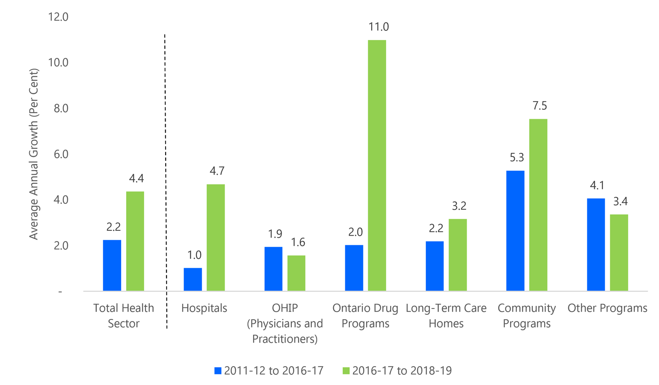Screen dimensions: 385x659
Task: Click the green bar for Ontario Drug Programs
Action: (x=377, y=165)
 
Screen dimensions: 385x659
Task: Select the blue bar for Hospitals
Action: (x=193, y=280)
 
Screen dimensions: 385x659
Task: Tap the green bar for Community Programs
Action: (x=538, y=205)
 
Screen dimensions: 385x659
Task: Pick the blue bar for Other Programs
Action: (x=596, y=244)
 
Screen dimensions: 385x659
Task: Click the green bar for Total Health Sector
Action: (x=135, y=241)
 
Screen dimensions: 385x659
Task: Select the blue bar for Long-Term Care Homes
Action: (x=435, y=266)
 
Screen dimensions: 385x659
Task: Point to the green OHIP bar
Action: (x=296, y=273)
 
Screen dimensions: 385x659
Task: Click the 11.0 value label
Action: (x=378, y=27)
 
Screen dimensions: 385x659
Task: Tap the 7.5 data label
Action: (x=540, y=106)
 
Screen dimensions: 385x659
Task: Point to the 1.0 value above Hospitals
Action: (x=194, y=255)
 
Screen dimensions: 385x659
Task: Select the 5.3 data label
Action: (x=517, y=158)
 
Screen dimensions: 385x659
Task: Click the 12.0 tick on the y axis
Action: (x=58, y=17)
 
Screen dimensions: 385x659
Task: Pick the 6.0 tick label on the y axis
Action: (x=61, y=154)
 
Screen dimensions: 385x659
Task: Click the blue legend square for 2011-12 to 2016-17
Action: (x=218, y=370)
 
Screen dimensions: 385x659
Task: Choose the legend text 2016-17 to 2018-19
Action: (x=402, y=370)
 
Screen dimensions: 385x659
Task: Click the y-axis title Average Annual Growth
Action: (x=34, y=154)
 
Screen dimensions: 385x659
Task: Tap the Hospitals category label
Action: (x=204, y=308)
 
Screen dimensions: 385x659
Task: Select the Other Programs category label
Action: (x=607, y=308)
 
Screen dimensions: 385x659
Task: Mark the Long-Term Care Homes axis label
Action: (x=446, y=316)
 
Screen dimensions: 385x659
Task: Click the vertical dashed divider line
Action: (x=166, y=176)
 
